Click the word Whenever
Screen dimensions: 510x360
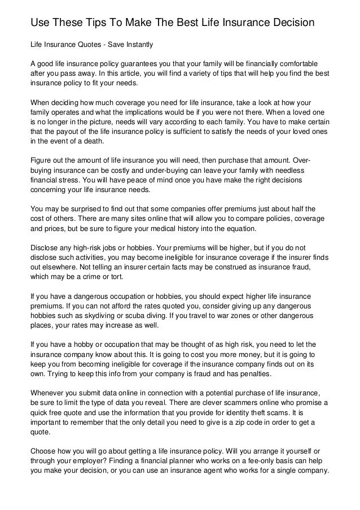click(x=49, y=393)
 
